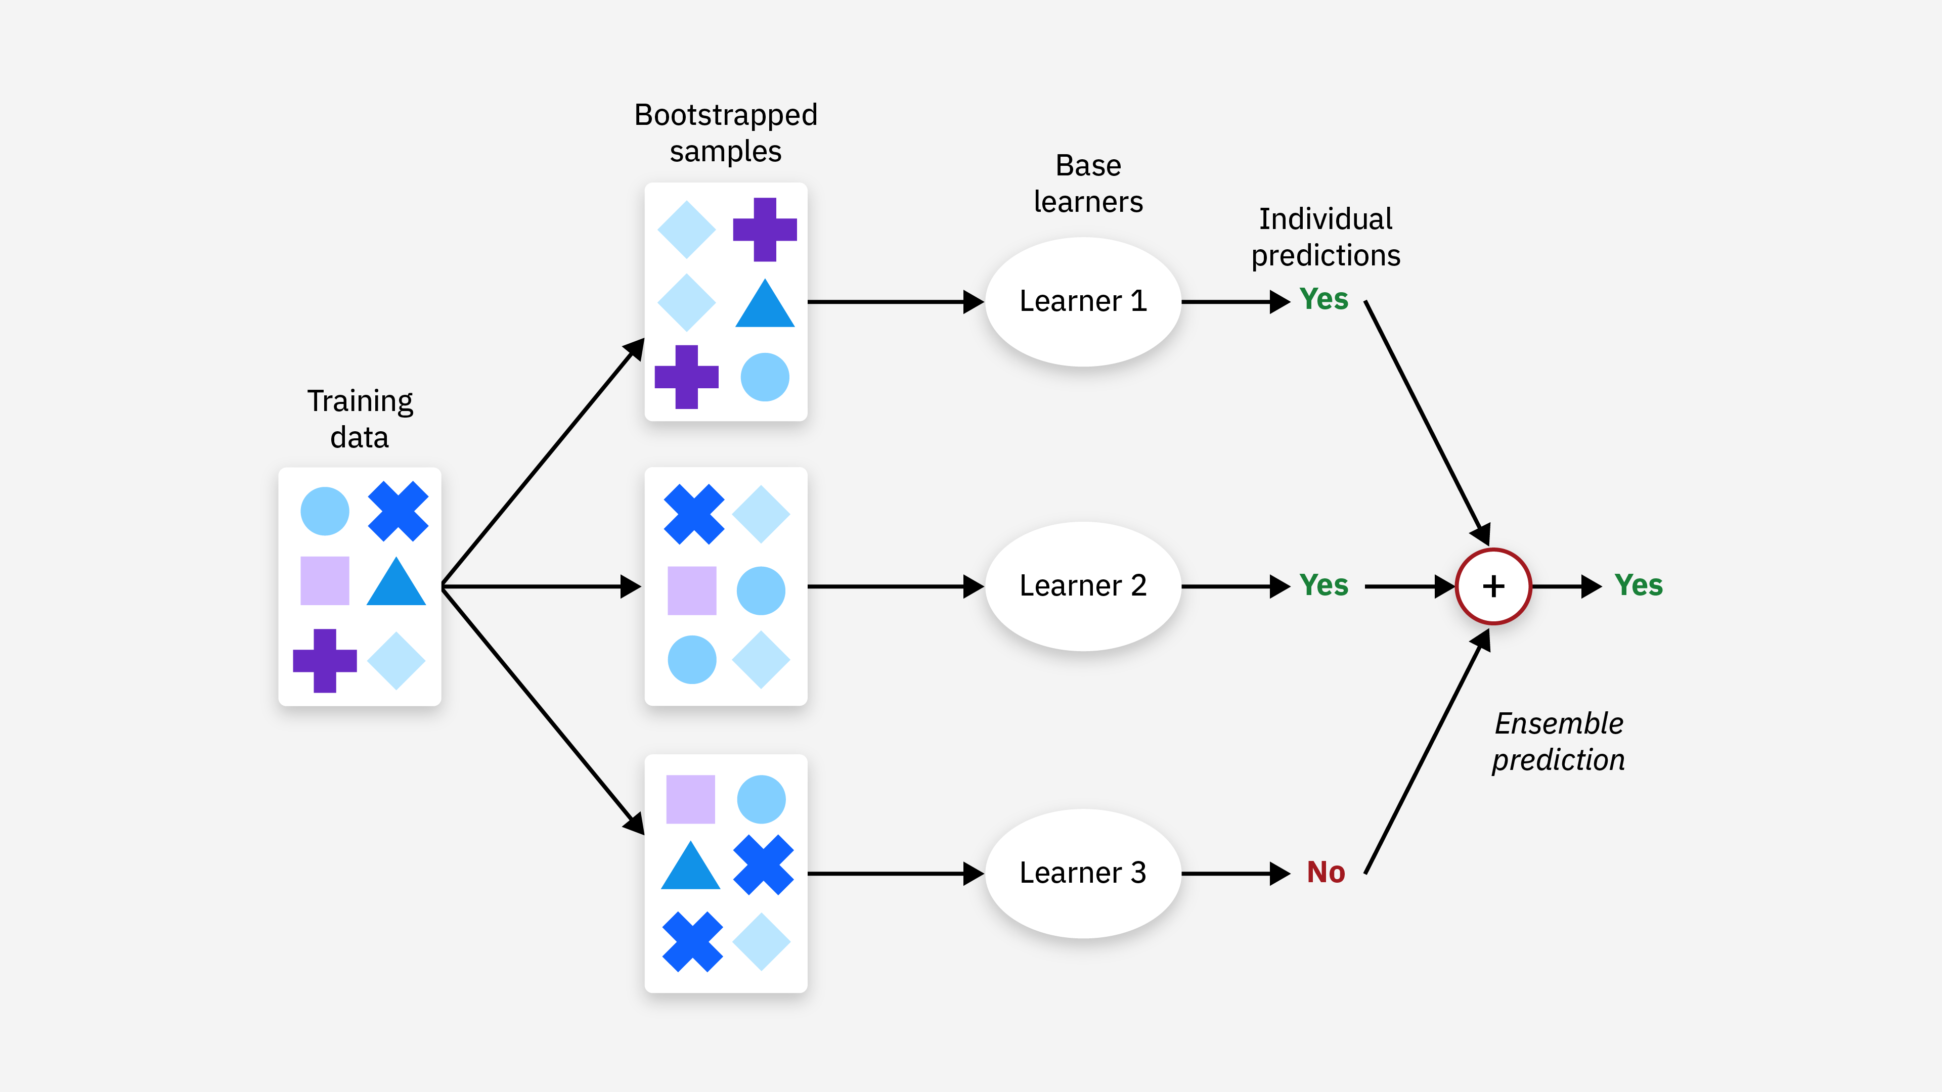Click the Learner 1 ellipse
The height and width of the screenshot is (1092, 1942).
[1083, 301]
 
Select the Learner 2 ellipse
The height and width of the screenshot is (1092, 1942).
[1083, 585]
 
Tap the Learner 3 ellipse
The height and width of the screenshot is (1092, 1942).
[1083, 873]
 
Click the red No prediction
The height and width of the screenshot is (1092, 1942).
[1326, 872]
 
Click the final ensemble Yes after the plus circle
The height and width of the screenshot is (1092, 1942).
[1638, 585]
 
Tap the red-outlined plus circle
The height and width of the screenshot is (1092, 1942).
[1493, 585]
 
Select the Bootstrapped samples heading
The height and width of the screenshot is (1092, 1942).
[725, 132]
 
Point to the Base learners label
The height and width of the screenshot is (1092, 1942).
[1088, 183]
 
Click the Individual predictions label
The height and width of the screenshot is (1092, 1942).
[1326, 237]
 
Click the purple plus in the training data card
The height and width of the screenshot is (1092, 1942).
[324, 660]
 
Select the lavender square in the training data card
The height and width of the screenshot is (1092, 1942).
[324, 580]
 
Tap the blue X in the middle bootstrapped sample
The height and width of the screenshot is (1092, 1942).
[693, 514]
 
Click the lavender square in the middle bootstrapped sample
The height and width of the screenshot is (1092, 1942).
[691, 590]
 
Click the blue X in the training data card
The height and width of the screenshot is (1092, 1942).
[398, 511]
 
